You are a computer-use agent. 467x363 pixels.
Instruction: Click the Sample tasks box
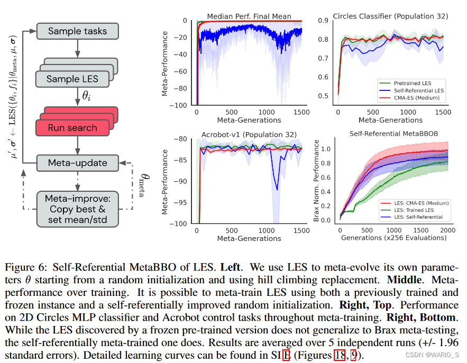tap(77, 31)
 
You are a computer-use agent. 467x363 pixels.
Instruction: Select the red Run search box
tap(72, 127)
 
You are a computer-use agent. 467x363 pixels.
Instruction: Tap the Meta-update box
tap(77, 163)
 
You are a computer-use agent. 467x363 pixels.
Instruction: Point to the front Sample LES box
tap(72, 79)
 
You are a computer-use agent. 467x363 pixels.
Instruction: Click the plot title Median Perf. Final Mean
tap(249, 16)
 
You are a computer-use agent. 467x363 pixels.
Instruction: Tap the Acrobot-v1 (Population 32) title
tap(249, 134)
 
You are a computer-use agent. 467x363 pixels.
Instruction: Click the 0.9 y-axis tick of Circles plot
tap(321, 21)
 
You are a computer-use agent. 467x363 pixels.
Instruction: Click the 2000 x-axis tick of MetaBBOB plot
tap(447, 230)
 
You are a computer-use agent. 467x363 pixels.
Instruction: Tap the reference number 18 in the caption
tap(340, 354)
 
